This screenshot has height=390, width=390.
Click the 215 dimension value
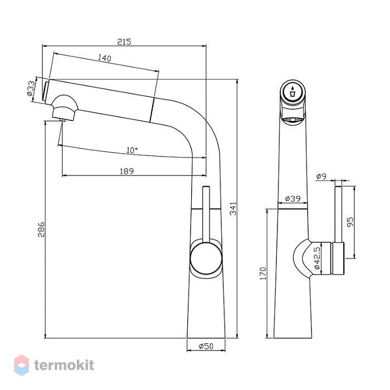(124, 42)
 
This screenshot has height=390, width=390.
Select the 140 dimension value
(105, 58)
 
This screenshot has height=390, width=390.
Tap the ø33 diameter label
(31, 88)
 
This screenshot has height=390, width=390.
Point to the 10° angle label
(132, 150)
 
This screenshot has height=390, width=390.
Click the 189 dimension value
(127, 171)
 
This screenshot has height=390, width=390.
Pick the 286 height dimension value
(41, 230)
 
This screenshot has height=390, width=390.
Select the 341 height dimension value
(233, 208)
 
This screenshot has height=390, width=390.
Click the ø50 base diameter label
(206, 346)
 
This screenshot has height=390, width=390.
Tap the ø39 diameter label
(292, 198)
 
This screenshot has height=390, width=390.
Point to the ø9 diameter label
(321, 177)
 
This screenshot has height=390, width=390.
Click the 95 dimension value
(350, 222)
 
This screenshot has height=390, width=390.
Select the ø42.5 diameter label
(316, 258)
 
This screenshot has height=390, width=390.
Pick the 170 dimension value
(263, 274)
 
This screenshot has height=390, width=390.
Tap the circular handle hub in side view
(206, 257)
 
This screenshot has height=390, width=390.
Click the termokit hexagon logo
(21, 365)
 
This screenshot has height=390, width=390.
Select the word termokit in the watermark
(64, 365)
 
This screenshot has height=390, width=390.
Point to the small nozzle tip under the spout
(62, 120)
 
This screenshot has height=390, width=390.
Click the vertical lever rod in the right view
(338, 214)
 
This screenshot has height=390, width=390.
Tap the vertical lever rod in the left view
(206, 214)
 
